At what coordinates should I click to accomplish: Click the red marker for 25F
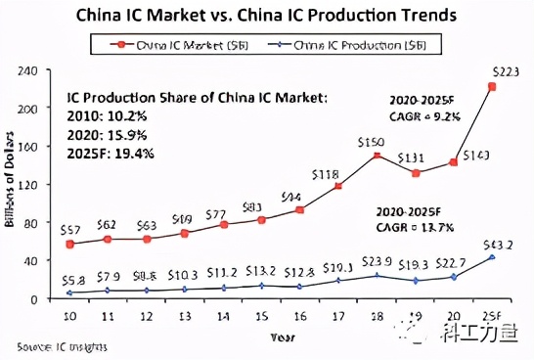click(x=492, y=86)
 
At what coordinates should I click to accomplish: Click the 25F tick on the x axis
click(x=492, y=317)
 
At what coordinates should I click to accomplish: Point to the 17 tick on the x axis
click(x=337, y=317)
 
